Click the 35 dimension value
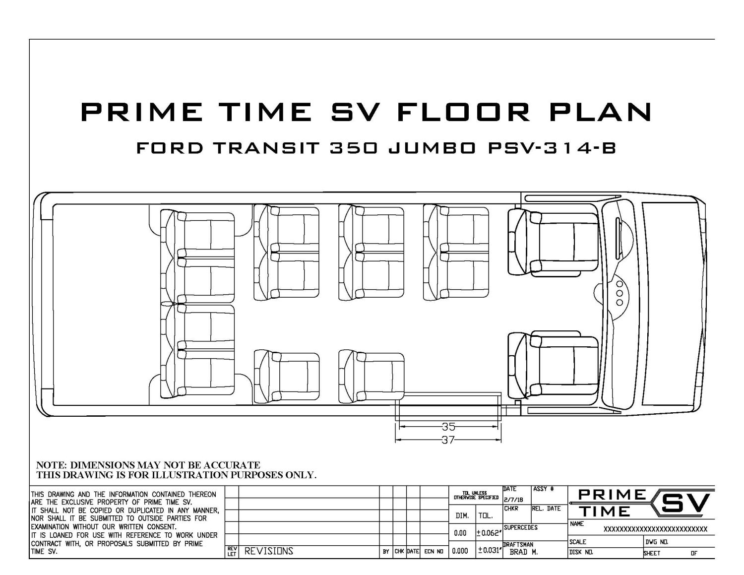click(x=448, y=427)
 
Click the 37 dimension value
click(x=448, y=440)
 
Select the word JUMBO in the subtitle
click(x=432, y=148)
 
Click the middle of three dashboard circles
click(x=620, y=294)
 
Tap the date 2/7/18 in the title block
click(x=513, y=500)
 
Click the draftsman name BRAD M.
click(x=524, y=552)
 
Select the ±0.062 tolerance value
click(x=489, y=533)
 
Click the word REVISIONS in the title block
click(x=269, y=551)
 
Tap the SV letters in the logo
click(x=685, y=504)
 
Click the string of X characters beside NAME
click(x=655, y=529)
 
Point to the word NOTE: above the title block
click(x=52, y=465)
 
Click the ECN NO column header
click(x=434, y=551)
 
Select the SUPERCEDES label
click(x=520, y=527)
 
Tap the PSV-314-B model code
click(x=552, y=148)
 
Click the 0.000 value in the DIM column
click(x=460, y=551)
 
